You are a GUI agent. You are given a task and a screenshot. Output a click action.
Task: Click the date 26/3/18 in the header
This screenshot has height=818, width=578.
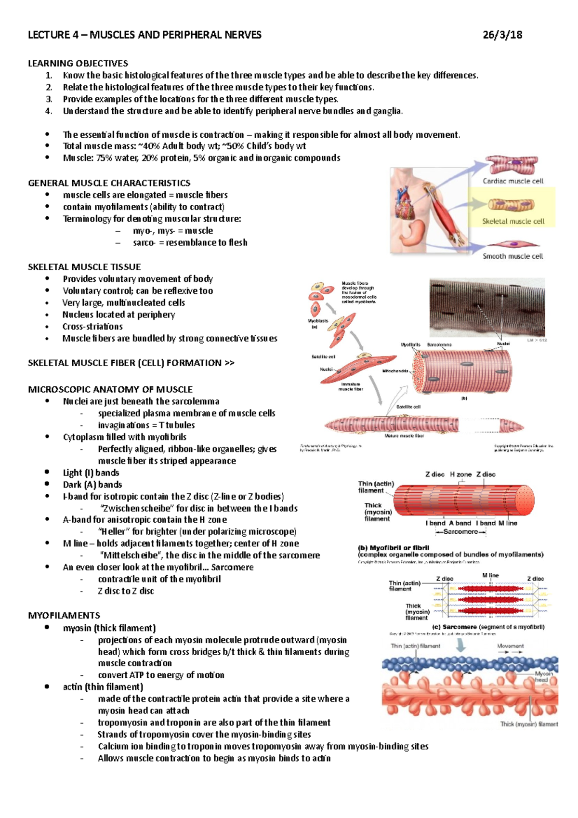click(502, 35)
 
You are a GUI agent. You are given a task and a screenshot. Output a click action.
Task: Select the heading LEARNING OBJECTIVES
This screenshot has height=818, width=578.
click(78, 63)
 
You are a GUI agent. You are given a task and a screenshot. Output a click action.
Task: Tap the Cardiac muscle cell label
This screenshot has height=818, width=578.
click(513, 181)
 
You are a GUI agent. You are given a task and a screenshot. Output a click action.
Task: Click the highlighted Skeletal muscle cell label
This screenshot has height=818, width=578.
click(513, 222)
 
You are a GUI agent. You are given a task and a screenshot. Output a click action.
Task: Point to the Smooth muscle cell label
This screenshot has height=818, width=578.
click(512, 256)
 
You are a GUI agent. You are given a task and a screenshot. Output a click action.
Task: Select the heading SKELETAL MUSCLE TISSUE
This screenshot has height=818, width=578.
click(84, 267)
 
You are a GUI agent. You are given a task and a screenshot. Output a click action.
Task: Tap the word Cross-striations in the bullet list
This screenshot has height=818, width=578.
click(92, 326)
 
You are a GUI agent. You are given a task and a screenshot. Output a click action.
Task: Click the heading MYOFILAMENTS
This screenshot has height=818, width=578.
click(64, 615)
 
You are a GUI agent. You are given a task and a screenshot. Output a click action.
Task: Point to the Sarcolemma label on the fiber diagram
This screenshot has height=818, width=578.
click(439, 345)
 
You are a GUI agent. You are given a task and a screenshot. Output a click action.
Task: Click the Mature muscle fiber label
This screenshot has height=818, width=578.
click(404, 435)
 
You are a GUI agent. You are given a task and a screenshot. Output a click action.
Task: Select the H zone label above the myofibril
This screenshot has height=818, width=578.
click(460, 475)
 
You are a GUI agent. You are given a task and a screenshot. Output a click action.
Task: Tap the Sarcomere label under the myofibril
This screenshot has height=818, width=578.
click(460, 532)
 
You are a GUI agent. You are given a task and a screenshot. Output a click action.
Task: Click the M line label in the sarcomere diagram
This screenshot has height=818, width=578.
click(490, 575)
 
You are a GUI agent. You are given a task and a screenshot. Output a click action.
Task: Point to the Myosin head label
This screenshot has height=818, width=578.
click(544, 676)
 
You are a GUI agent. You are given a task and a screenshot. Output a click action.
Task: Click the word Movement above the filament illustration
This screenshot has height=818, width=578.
click(510, 646)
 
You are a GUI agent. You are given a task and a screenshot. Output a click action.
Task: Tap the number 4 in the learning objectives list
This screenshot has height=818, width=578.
click(48, 111)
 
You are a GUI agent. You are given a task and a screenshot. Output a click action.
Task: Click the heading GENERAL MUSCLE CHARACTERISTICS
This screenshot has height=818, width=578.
click(109, 183)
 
